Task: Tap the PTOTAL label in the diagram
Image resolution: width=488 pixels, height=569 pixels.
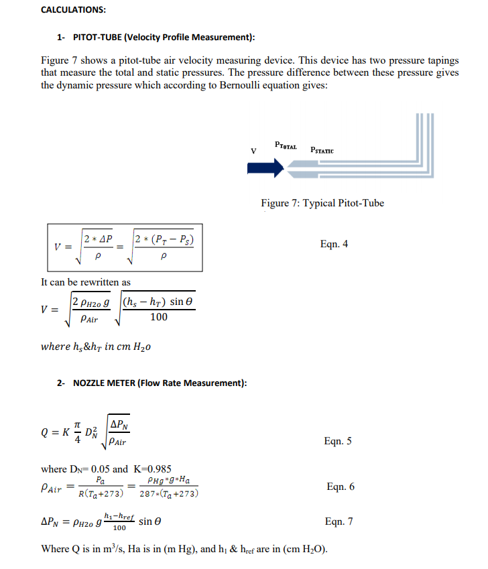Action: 286,144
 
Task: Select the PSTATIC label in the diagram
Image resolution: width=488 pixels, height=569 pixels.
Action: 322,151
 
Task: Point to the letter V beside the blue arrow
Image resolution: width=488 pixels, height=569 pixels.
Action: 252,151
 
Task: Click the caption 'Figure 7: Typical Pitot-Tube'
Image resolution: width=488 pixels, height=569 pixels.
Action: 322,203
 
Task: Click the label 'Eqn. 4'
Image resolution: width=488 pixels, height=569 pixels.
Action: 334,244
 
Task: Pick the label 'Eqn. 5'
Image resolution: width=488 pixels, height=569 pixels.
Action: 338,441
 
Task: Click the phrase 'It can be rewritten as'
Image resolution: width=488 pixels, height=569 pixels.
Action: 86,282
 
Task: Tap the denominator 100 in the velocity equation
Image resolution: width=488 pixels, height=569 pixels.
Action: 159,317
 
